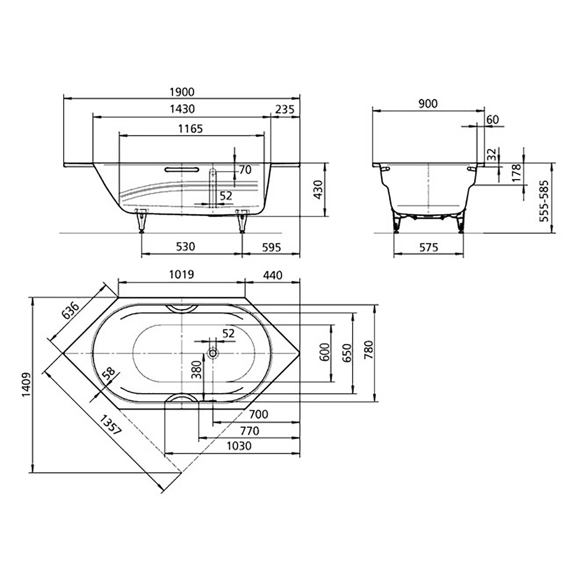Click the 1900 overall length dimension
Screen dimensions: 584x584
(x=182, y=92)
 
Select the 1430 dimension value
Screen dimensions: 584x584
(x=182, y=109)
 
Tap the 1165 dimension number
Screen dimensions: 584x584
(x=190, y=128)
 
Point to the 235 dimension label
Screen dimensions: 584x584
(x=285, y=109)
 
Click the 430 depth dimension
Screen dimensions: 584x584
(x=318, y=190)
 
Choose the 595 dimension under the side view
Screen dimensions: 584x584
(x=271, y=247)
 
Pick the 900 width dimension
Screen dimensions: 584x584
(x=428, y=104)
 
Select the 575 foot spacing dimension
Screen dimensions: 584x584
(x=429, y=247)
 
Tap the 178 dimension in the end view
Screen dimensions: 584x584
(x=516, y=172)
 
